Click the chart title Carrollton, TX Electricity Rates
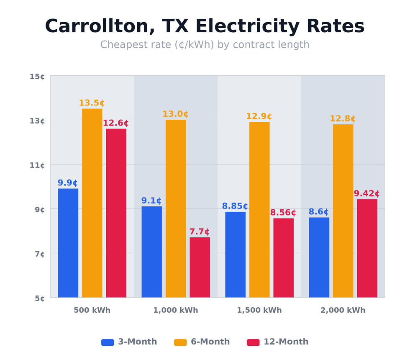click(205, 26)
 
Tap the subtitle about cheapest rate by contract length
click(205, 45)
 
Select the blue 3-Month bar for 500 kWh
click(68, 243)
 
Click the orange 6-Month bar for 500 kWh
click(92, 203)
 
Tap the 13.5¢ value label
click(92, 103)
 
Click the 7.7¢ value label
click(200, 232)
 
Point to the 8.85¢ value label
click(235, 206)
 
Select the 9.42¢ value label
click(366, 194)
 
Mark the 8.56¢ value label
click(283, 213)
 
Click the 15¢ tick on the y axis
click(37, 76)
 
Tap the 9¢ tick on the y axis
click(37, 209)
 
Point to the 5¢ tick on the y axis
click(37, 298)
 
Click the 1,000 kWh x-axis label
click(175, 310)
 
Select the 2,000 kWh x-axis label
click(343, 310)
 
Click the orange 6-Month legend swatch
click(180, 342)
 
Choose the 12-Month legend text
click(286, 342)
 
